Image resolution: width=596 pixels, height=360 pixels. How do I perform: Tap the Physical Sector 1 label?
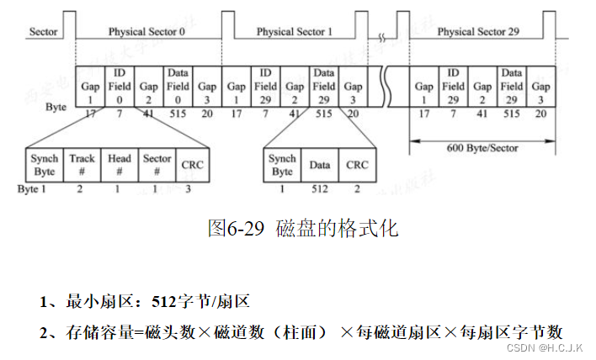(x=294, y=32)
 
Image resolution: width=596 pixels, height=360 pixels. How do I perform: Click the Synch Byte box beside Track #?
(x=44, y=164)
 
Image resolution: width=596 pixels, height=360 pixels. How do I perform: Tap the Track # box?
(x=82, y=164)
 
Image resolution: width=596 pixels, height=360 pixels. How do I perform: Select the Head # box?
(x=120, y=164)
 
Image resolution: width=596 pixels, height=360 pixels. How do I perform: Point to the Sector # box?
(x=157, y=164)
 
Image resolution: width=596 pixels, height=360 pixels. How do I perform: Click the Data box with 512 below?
(x=320, y=165)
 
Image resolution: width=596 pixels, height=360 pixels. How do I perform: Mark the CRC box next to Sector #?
(x=191, y=165)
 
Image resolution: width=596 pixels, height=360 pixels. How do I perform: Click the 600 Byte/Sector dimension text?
(x=482, y=148)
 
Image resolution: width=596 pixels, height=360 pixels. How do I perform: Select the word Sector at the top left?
(x=43, y=32)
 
